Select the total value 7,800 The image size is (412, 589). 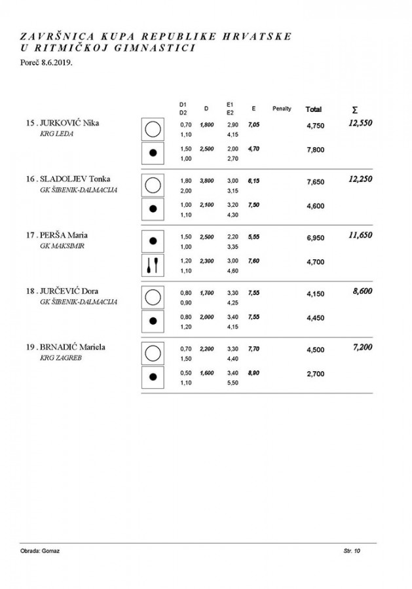pos(316,150)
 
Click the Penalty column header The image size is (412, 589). pos(282,108)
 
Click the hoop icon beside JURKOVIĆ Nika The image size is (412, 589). pos(153,128)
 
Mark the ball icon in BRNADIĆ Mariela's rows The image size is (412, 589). pos(153,377)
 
